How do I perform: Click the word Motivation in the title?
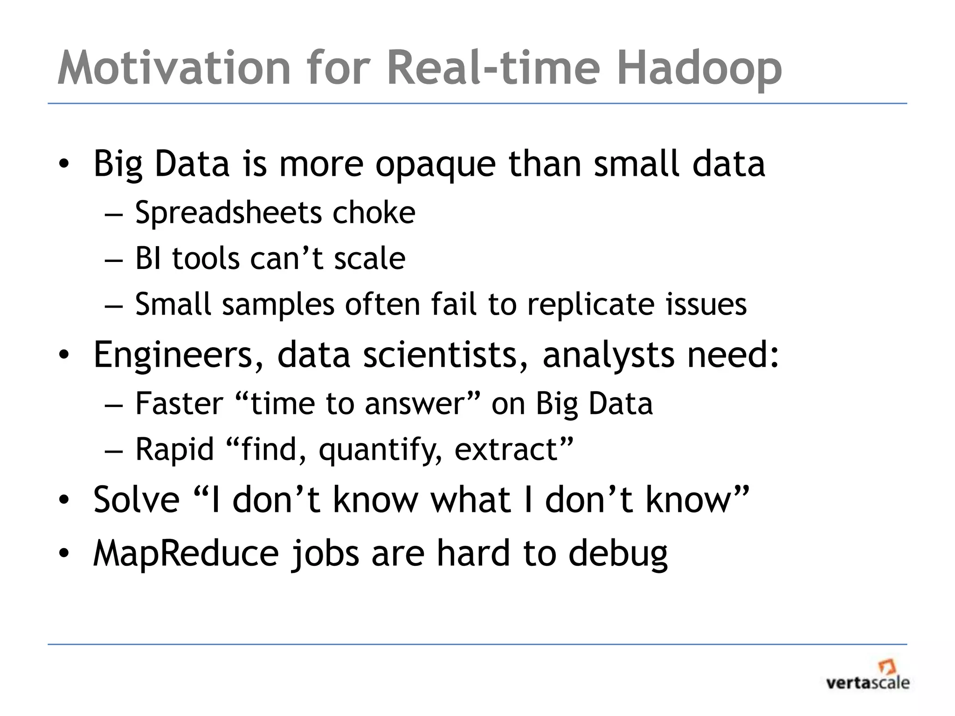(174, 68)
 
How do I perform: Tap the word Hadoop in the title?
(699, 68)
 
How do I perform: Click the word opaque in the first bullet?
(436, 164)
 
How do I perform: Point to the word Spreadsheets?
(229, 213)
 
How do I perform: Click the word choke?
(374, 213)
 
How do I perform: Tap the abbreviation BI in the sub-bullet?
(149, 259)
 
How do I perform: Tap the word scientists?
(446, 355)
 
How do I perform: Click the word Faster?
(179, 404)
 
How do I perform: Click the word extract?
(506, 449)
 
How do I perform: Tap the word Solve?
(137, 500)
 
